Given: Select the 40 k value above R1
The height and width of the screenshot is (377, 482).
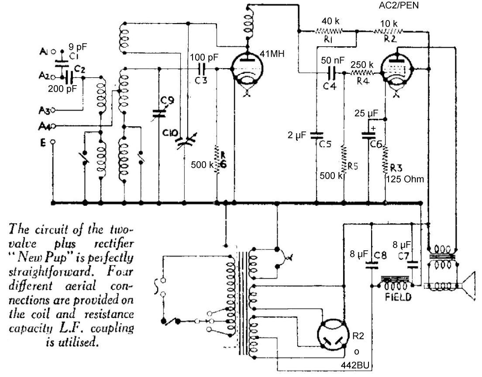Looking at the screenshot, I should coord(330,21).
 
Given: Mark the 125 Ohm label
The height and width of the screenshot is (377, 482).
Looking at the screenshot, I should coord(405,179).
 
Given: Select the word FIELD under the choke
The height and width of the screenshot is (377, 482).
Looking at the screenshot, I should coord(399,297).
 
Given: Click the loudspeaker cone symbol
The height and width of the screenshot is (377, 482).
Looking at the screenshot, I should coord(471,286).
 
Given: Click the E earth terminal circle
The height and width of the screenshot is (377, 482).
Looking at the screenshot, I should coord(53,142).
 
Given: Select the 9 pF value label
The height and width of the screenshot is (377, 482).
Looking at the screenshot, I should coord(78,45).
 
